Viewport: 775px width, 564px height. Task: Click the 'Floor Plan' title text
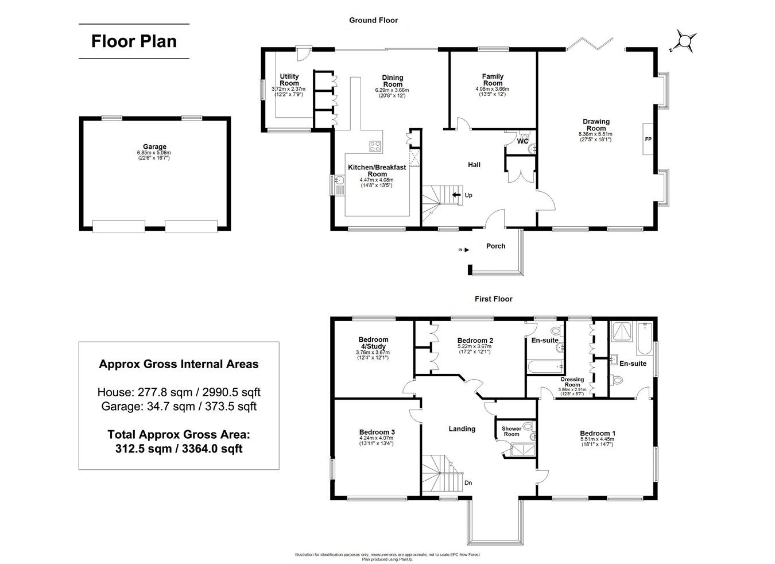(134, 41)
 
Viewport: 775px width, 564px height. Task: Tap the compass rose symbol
(685, 41)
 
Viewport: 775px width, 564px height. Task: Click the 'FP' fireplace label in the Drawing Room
(648, 140)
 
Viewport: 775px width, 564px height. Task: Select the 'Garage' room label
(155, 147)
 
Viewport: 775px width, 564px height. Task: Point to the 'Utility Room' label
(289, 80)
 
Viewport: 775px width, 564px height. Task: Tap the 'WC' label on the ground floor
(522, 141)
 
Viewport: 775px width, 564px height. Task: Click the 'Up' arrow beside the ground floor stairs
(458, 195)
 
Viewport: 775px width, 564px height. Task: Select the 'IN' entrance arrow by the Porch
(464, 250)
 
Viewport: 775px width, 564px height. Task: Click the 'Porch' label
(495, 246)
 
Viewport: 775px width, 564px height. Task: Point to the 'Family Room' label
(492, 80)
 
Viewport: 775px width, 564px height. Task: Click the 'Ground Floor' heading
(373, 20)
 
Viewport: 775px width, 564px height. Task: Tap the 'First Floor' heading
(493, 299)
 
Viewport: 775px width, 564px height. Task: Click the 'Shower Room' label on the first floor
(511, 431)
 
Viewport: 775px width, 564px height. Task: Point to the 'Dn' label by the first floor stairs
(468, 483)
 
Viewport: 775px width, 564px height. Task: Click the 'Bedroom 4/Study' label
(373, 343)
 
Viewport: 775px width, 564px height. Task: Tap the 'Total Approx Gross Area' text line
(179, 435)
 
